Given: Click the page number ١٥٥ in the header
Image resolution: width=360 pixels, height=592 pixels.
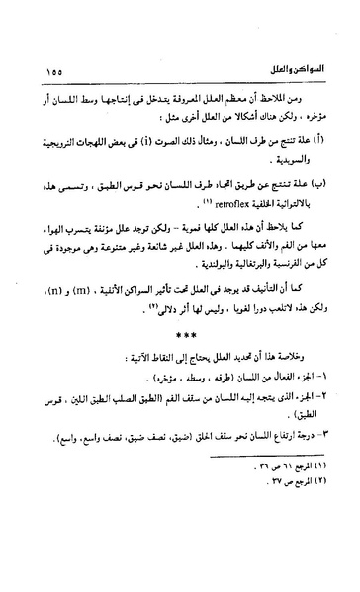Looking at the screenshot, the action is click(x=55, y=71).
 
